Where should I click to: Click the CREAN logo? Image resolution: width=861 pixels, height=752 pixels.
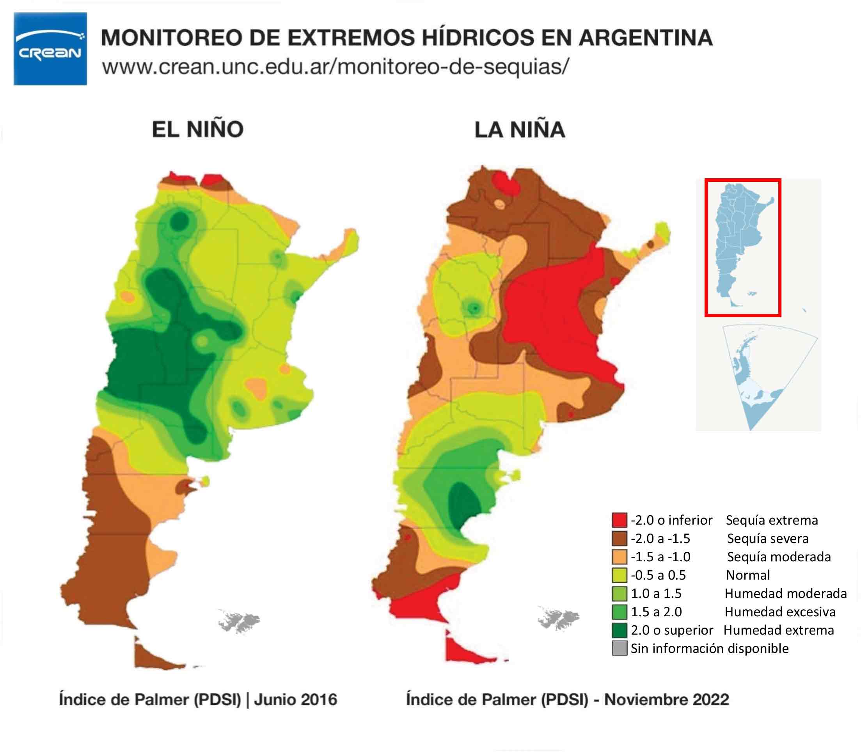(50, 49)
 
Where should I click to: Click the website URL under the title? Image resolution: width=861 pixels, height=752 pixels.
(336, 67)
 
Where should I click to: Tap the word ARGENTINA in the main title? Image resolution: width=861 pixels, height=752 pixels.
(646, 38)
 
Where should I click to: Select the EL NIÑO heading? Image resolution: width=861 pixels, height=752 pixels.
(198, 129)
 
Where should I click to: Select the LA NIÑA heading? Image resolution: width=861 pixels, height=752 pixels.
(520, 129)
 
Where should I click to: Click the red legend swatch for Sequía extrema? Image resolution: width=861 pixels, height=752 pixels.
(619, 520)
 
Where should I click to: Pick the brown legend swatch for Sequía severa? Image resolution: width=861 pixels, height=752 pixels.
(619, 538)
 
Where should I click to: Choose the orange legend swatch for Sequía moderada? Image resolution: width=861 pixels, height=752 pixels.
(619, 557)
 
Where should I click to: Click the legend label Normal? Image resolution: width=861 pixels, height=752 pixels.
(747, 575)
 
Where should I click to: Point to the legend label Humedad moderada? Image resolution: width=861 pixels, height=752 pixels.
(785, 593)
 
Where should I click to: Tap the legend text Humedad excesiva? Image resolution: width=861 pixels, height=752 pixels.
(780, 612)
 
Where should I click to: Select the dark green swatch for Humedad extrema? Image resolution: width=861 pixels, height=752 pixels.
(619, 630)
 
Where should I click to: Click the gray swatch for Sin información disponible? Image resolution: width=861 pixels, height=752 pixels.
(619, 648)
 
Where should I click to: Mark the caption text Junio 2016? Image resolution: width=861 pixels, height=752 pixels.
(296, 700)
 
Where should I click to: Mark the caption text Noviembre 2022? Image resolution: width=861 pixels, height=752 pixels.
(666, 700)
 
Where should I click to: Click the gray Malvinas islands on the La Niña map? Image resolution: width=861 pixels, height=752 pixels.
(558, 618)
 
